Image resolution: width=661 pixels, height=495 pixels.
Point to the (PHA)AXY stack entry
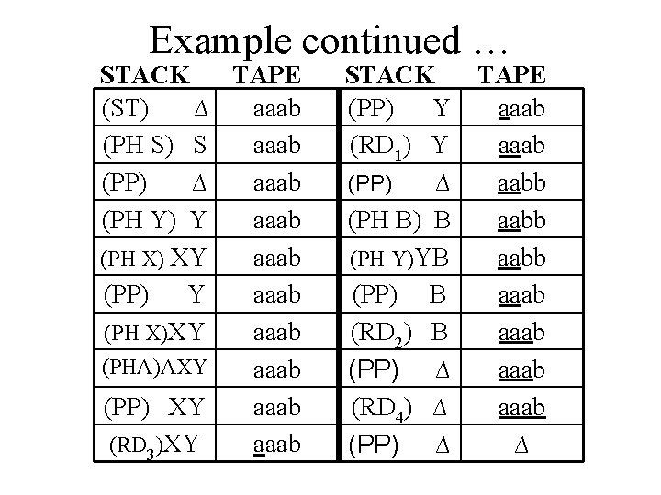153,368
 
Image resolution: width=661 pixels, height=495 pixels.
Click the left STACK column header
145,74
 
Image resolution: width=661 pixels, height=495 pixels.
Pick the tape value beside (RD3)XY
277,445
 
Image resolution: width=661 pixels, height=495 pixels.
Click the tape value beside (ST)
277,110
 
